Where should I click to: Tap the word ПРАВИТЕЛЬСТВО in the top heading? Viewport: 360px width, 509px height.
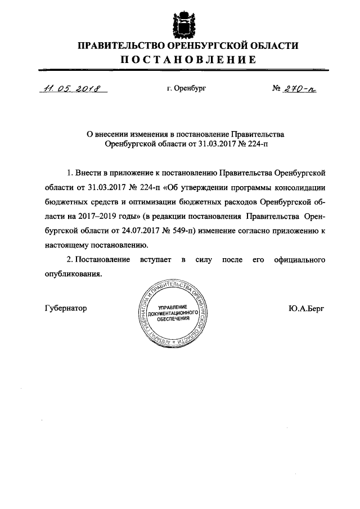coord(115,45)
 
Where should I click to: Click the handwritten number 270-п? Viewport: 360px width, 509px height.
coord(300,88)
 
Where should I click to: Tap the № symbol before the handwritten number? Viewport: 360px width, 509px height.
coord(276,88)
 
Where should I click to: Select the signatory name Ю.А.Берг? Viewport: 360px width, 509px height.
coord(306,308)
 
